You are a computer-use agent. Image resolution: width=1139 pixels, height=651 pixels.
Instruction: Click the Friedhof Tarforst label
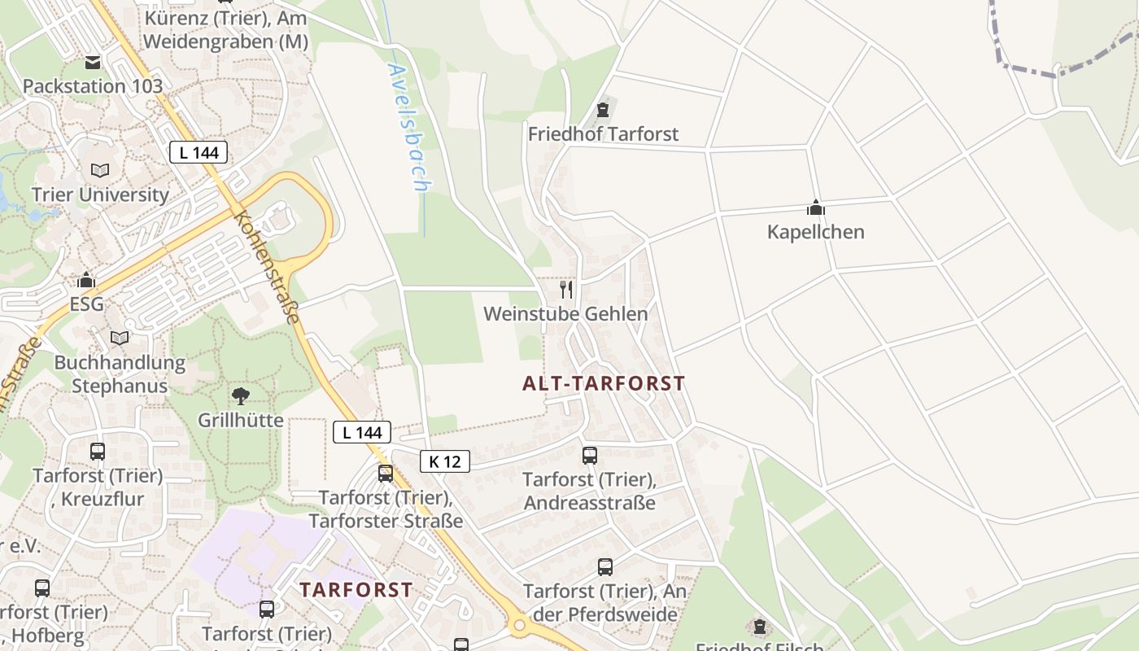point(603,133)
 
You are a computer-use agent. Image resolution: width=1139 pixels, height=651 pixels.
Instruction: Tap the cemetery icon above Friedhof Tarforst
point(603,110)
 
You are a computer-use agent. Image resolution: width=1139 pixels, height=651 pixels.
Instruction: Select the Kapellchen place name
point(815,232)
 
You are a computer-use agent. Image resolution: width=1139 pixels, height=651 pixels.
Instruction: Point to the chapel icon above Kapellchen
point(815,208)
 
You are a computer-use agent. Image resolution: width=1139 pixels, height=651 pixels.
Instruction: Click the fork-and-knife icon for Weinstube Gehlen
point(566,289)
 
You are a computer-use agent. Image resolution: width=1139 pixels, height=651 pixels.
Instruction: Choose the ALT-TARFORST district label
point(604,383)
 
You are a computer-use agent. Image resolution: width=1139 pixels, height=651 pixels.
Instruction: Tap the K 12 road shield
point(445,461)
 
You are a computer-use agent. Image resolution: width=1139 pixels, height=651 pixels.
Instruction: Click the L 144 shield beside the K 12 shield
point(362,432)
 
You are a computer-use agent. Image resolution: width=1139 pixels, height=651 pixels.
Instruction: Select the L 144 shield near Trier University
point(199,152)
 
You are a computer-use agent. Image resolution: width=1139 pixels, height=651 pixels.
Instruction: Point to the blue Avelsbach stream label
point(408,128)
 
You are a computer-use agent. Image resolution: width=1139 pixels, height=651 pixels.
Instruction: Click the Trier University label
point(100,195)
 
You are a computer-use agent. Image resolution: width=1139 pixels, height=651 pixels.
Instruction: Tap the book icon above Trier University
point(100,171)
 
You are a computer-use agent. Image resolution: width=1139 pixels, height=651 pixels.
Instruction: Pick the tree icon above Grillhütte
point(240,396)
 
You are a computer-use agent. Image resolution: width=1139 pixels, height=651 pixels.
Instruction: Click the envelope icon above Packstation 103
point(92,62)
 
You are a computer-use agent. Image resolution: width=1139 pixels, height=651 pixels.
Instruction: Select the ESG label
point(86,304)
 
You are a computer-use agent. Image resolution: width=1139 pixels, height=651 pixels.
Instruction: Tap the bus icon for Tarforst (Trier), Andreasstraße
point(590,456)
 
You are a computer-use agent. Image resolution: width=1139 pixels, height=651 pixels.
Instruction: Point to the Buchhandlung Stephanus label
point(120,374)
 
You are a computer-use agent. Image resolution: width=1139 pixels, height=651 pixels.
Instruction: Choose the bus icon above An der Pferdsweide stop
point(604,567)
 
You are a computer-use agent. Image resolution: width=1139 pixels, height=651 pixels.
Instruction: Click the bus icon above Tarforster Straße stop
point(386,473)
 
